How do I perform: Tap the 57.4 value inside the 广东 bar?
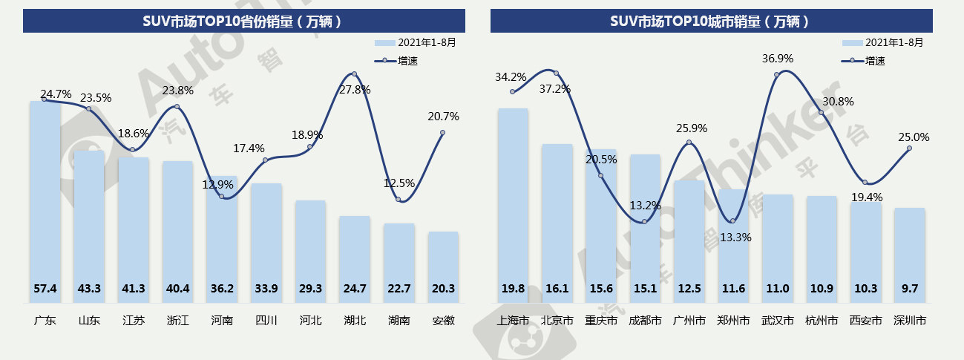pyautogui.click(x=45, y=288)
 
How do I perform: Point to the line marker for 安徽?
pyautogui.click(x=442, y=133)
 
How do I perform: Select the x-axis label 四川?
pyautogui.click(x=266, y=321)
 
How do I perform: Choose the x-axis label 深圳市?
pyautogui.click(x=910, y=321)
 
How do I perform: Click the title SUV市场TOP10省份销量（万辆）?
pyautogui.click(x=243, y=21)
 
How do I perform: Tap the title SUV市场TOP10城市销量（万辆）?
pyautogui.click(x=711, y=21)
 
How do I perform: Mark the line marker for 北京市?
pyautogui.click(x=556, y=73)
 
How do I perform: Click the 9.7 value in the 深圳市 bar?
pyautogui.click(x=910, y=288)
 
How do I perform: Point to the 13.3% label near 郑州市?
pyautogui.click(x=735, y=238)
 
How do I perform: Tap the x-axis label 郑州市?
pyautogui.click(x=733, y=321)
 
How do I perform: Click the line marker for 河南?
pyautogui.click(x=221, y=196)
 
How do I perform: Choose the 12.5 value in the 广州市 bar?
pyautogui.click(x=689, y=288)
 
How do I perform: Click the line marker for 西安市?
pyautogui.click(x=865, y=183)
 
